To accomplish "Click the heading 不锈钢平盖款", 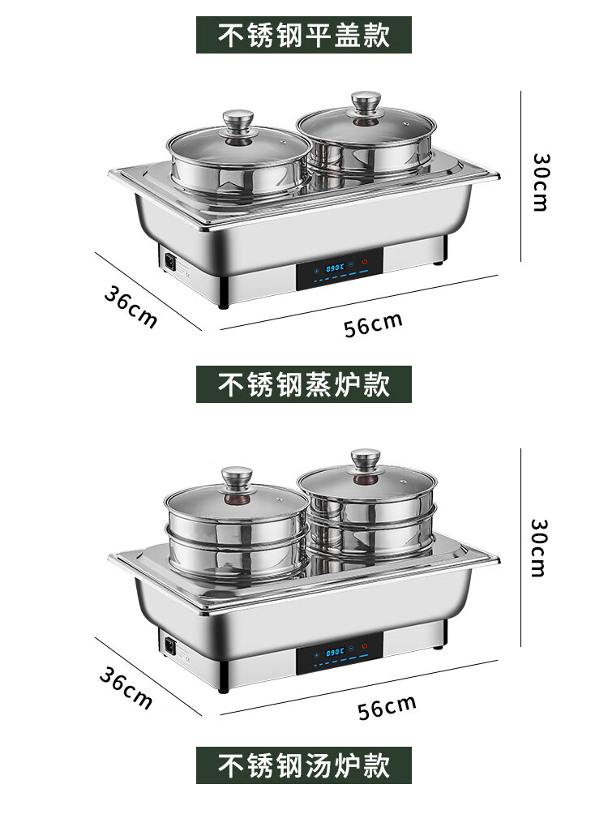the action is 304,36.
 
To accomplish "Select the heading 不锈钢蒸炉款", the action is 304,384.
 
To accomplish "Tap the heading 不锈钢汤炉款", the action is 304,765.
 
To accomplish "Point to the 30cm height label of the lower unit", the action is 540,548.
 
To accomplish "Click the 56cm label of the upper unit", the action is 373,324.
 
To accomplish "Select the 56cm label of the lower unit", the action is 387,707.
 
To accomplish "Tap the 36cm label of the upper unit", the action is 130,307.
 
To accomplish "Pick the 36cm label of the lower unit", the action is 126,688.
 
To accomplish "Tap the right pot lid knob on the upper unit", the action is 366,103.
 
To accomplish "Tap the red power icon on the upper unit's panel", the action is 366,262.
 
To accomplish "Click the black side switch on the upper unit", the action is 170,262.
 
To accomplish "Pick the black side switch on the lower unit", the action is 170,646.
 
